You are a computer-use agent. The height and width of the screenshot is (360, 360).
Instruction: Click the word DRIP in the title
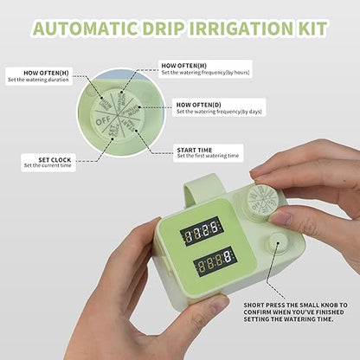pyautogui.click(x=172, y=28)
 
